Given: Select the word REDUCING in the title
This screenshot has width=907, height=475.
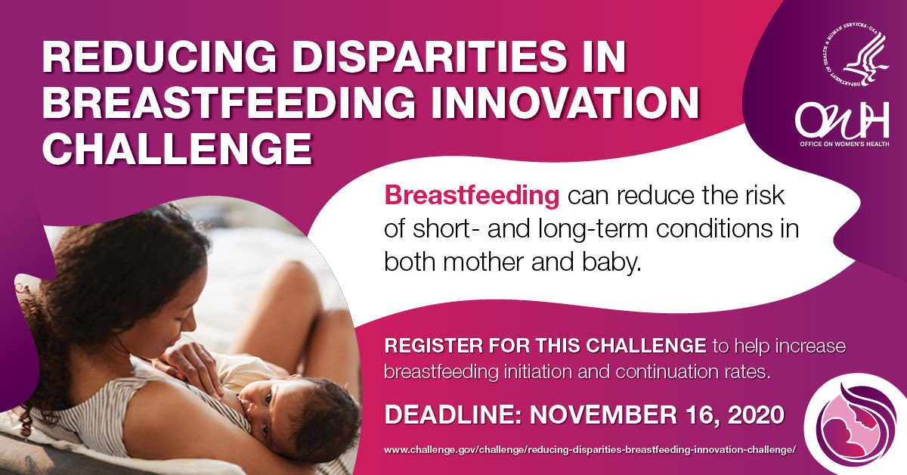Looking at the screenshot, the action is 159,57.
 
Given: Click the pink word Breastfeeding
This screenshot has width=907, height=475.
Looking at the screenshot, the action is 472,196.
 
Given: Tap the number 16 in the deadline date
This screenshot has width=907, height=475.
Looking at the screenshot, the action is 701,416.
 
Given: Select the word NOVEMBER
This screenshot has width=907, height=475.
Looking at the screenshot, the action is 602,415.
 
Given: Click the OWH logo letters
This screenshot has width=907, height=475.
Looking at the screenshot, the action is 842,120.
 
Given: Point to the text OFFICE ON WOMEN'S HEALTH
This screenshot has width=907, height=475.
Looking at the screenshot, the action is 844,144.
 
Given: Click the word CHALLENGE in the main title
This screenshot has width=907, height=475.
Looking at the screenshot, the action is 178,149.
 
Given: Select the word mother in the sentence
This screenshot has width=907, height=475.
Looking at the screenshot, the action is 484,262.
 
